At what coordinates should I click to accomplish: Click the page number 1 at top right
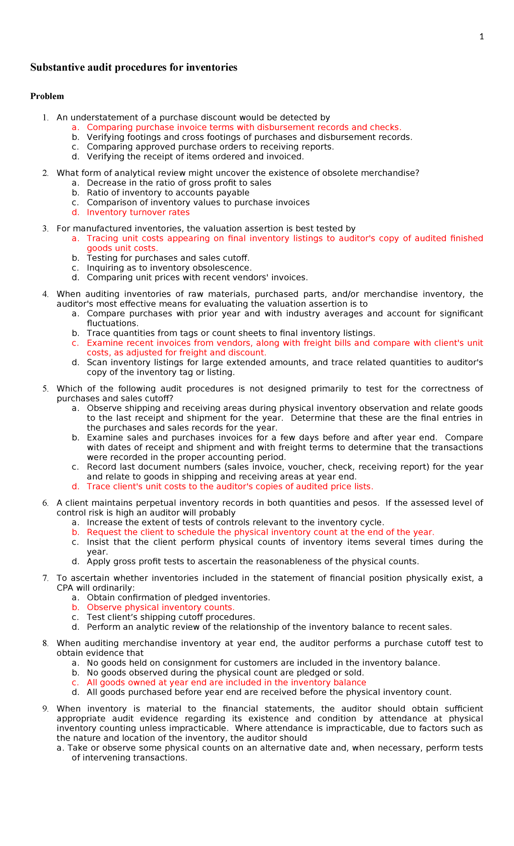tap(481, 37)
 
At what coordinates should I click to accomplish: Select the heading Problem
tap(47, 96)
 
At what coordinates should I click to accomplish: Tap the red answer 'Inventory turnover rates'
tap(138, 212)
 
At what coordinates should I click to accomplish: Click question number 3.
tap(45, 229)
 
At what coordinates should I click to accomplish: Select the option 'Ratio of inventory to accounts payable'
tap(168, 193)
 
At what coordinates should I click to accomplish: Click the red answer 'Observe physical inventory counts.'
tap(161, 607)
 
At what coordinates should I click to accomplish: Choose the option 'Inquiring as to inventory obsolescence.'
tap(169, 268)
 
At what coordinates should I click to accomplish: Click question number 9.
tap(45, 709)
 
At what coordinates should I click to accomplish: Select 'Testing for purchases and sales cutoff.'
tap(168, 258)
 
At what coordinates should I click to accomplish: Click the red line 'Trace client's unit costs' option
tap(230, 486)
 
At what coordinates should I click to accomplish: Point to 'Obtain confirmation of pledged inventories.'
tap(178, 597)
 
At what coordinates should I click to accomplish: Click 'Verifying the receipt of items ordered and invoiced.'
tap(195, 156)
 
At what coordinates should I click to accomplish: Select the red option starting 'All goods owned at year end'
tap(226, 682)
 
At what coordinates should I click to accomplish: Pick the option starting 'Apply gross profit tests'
tap(253, 561)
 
